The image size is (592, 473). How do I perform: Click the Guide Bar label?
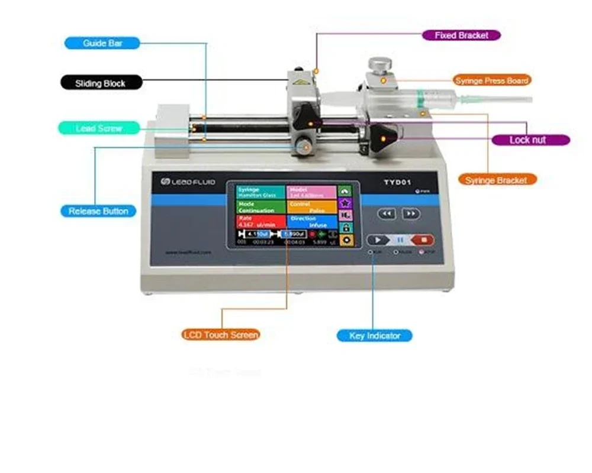[102, 43]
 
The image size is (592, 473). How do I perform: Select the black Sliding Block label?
[101, 83]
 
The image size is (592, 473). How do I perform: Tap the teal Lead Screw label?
[99, 128]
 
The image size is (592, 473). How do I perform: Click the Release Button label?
[98, 211]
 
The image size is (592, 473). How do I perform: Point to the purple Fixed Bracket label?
[461, 35]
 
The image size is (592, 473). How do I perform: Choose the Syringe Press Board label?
[492, 80]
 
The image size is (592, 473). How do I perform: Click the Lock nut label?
[530, 140]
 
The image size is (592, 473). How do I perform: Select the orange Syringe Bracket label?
[496, 180]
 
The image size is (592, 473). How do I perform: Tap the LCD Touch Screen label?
[221, 335]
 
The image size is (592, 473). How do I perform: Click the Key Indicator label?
[374, 336]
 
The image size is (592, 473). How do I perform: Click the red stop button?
[422, 240]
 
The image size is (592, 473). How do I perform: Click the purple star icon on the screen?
[345, 203]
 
